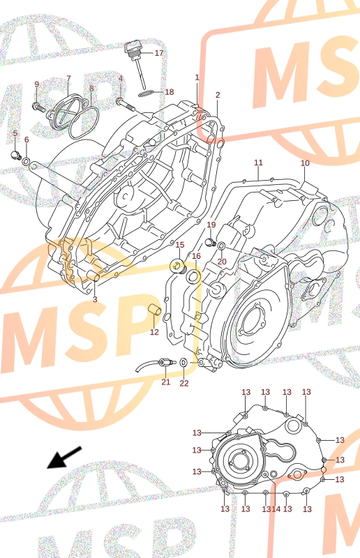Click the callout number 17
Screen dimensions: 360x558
[x=159, y=53]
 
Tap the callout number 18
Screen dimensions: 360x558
[x=170, y=92]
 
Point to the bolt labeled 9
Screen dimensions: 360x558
[x=38, y=107]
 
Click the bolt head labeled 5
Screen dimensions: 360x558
[x=15, y=155]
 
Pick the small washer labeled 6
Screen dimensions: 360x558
[x=27, y=161]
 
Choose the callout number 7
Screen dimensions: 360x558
[x=68, y=78]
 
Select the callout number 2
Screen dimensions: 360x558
[x=218, y=95]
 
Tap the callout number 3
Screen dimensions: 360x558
[x=95, y=299]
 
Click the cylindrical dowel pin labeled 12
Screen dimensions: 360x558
[x=155, y=310]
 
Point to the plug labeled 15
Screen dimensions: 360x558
[x=178, y=266]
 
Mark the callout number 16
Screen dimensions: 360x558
[x=196, y=256]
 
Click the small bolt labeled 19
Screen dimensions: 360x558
[x=211, y=243]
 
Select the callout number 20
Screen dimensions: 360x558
[x=222, y=262]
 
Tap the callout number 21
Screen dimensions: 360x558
[x=166, y=382]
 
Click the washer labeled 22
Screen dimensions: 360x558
[x=183, y=362]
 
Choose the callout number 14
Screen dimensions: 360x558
[x=276, y=509]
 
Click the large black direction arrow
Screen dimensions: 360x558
[x=64, y=458]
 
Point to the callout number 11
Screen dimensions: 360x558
[x=258, y=163]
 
